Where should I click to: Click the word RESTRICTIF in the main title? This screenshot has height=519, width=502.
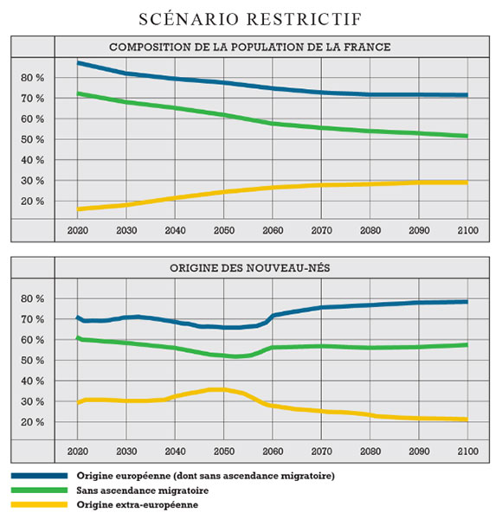pyautogui.click(x=305, y=19)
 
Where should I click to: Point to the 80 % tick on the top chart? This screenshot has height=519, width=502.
pyautogui.click(x=32, y=78)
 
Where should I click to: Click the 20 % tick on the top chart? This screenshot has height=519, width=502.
pyautogui.click(x=32, y=202)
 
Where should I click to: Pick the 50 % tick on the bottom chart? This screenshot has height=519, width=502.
pyautogui.click(x=32, y=361)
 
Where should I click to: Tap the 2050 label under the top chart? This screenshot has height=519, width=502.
pyautogui.click(x=224, y=230)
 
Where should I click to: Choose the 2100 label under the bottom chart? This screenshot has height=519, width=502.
pyautogui.click(x=468, y=452)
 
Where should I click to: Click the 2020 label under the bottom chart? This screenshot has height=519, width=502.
pyautogui.click(x=78, y=452)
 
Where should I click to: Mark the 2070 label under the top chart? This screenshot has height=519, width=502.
pyautogui.click(x=321, y=230)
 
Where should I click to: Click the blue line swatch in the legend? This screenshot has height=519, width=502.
pyautogui.click(x=39, y=476)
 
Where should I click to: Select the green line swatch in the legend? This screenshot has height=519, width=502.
pyautogui.click(x=39, y=490)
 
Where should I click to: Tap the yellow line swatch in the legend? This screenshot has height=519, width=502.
pyautogui.click(x=39, y=505)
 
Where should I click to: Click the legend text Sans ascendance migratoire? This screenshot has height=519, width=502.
pyautogui.click(x=143, y=490)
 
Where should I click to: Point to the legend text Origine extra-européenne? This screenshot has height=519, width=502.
pyautogui.click(x=138, y=505)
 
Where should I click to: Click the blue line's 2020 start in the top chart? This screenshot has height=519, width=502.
pyautogui.click(x=78, y=62)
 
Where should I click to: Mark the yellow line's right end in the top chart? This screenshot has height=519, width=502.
pyautogui.click(x=467, y=183)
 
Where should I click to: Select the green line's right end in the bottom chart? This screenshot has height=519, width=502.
pyautogui.click(x=467, y=345)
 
